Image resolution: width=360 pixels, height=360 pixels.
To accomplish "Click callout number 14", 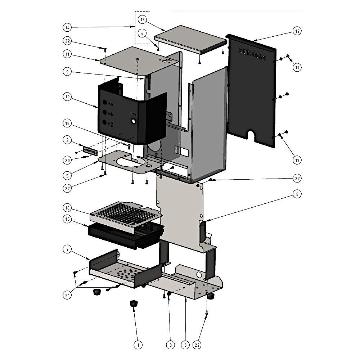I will tap(67, 27).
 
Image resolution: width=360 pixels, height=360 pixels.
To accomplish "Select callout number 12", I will tap(297, 31).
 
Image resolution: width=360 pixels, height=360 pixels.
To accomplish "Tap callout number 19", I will tap(297, 67).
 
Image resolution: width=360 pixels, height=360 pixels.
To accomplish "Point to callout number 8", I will tap(297, 194).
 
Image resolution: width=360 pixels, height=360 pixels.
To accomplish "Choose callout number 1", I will tap(138, 345).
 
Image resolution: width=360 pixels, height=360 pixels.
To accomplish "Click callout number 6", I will tap(185, 345).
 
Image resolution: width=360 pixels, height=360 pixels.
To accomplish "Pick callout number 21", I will tap(67, 295).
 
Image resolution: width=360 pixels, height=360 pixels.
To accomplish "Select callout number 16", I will tap(67, 208).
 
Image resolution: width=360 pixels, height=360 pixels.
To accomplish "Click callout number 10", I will tap(67, 97).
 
